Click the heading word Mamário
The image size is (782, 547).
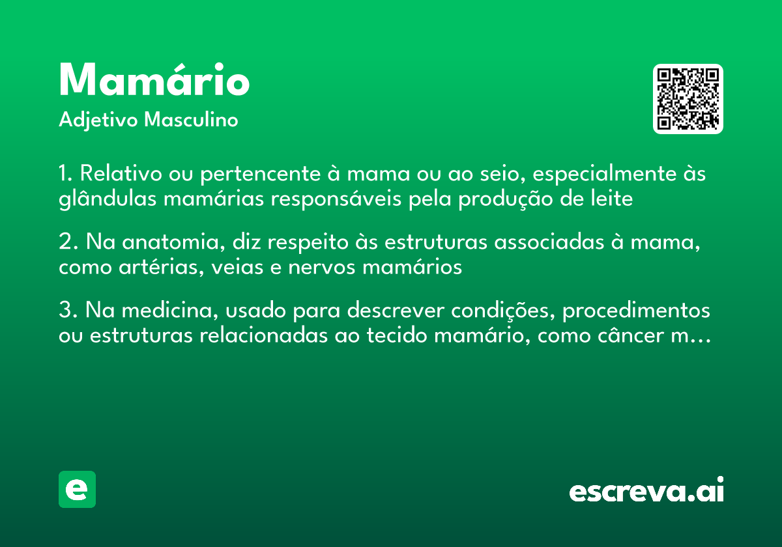pos(154,80)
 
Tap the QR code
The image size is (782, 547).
pos(688,99)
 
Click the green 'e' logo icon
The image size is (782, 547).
pos(77,489)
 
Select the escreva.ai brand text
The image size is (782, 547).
pos(646,491)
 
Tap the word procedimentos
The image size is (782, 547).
pos(636,311)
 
